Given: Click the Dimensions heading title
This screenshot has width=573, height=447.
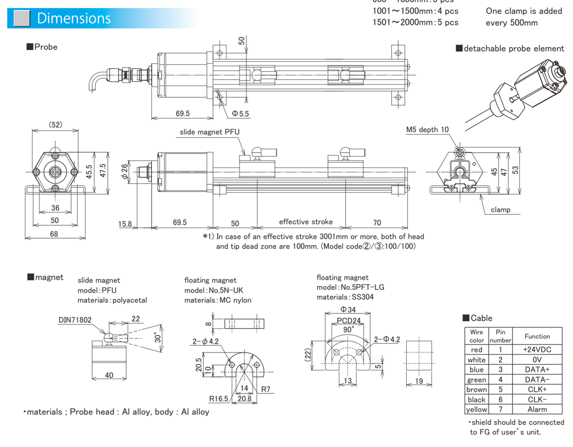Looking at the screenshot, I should pyautogui.click(x=74, y=19).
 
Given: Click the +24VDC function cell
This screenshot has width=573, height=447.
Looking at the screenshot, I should pyautogui.click(x=537, y=349).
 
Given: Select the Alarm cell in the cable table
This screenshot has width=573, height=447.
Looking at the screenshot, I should pyautogui.click(x=537, y=409).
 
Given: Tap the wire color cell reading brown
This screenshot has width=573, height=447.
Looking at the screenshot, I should pyautogui.click(x=476, y=389).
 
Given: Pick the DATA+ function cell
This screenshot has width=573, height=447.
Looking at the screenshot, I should pyautogui.click(x=537, y=369).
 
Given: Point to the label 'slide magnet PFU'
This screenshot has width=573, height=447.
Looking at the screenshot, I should pyautogui.click(x=210, y=132).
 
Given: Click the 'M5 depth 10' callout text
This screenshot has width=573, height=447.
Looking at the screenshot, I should pyautogui.click(x=427, y=130).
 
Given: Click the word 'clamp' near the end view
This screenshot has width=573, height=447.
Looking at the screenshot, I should pyautogui.click(x=500, y=209).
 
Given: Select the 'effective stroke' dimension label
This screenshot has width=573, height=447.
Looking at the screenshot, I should pyautogui.click(x=306, y=222).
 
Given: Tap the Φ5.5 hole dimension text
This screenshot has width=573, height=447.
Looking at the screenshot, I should pyautogui.click(x=240, y=114).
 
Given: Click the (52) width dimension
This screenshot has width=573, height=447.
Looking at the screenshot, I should pyautogui.click(x=55, y=125).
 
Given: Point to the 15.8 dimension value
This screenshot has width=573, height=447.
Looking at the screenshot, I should pyautogui.click(x=125, y=224).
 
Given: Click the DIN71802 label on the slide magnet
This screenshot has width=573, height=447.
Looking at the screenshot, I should pyautogui.click(x=75, y=320).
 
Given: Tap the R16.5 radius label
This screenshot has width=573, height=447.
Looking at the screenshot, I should pyautogui.click(x=219, y=398).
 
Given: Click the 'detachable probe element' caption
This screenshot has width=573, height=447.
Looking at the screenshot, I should pyautogui.click(x=514, y=49).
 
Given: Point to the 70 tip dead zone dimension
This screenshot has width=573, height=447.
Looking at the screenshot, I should pyautogui.click(x=377, y=223).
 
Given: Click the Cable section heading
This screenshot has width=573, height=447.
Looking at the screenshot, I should pyautogui.click(x=481, y=318).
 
